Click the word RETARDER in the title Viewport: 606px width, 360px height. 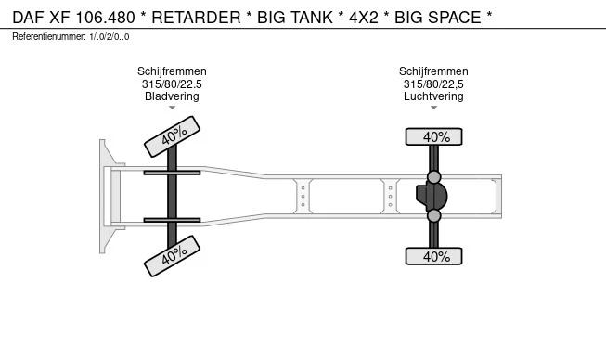tap(196, 18)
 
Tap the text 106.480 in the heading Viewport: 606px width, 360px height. tap(105, 18)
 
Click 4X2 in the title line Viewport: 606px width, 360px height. tap(363, 18)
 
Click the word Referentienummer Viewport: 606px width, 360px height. tap(49, 37)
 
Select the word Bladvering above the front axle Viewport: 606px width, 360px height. tap(172, 96)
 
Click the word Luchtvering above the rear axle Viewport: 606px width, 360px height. tap(433, 96)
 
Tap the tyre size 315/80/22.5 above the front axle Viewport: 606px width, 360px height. tap(172, 84)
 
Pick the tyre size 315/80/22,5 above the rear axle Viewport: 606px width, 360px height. tap(433, 84)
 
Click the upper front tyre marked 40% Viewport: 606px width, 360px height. tap(172, 136)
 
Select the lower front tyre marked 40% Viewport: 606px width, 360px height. tap(172, 256)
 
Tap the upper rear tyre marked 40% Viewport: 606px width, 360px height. tap(433, 136)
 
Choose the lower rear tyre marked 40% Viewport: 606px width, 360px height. tap(433, 256)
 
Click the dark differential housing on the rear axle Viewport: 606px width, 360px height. tap(432, 196)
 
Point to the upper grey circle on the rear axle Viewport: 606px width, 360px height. tap(434, 177)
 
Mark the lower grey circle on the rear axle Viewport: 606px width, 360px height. tap(434, 215)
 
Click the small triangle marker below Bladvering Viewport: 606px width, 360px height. tap(172, 108)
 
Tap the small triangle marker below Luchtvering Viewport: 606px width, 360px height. tap(433, 108)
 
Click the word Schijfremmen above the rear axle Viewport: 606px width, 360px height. tap(433, 71)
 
